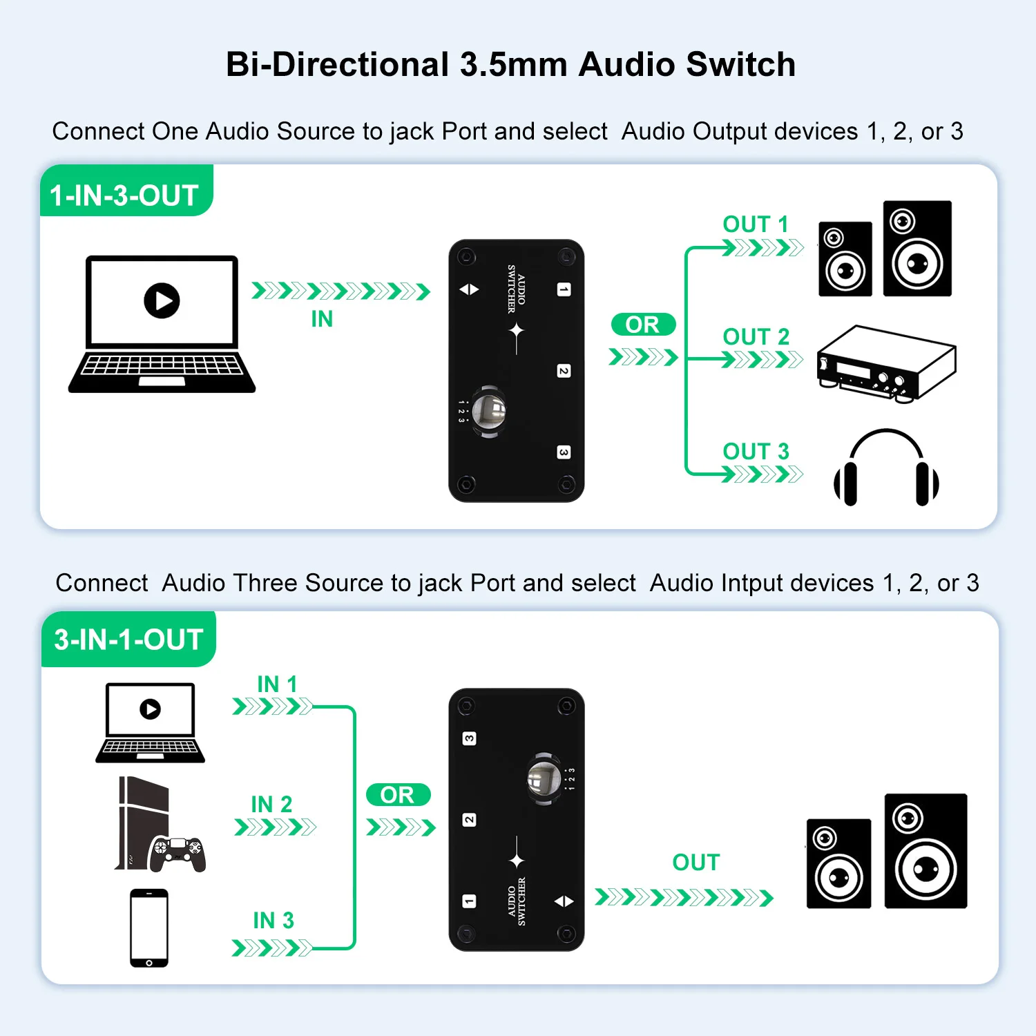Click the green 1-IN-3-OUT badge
tap(125, 195)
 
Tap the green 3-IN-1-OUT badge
tap(128, 640)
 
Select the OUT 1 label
tap(755, 224)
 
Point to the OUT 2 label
tap(756, 337)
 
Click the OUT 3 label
tap(756, 452)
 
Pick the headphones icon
tap(886, 468)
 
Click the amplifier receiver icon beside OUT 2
tap(886, 363)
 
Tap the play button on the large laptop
tap(162, 300)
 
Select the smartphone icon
tap(149, 928)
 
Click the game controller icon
tap(178, 853)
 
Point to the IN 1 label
tap(277, 684)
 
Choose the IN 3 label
tap(274, 921)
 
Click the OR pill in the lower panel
tap(398, 795)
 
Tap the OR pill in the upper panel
tap(643, 325)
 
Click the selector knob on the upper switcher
tap(489, 412)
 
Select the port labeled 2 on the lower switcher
tap(469, 820)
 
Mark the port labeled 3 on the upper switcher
tap(564, 452)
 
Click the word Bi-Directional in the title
tap(338, 65)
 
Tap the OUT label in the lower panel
tap(696, 863)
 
